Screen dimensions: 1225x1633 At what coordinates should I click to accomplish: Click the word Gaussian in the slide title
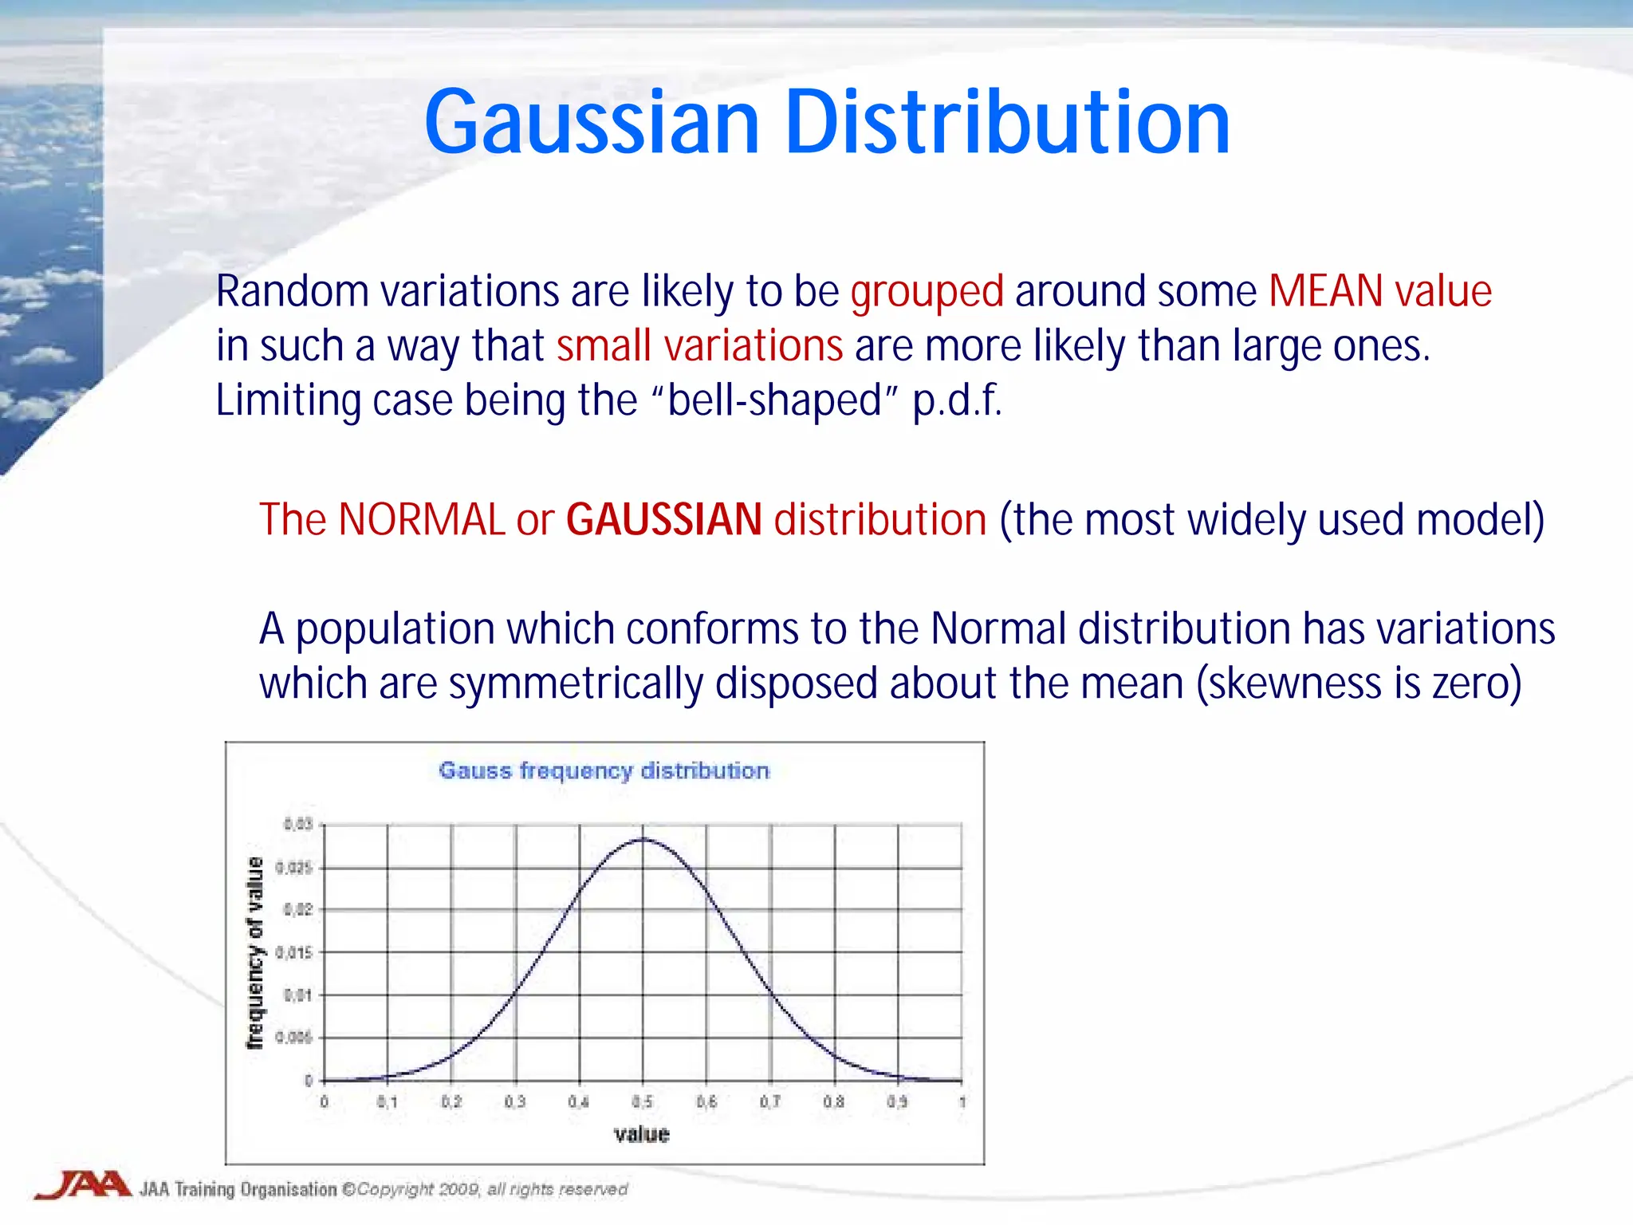[592, 124]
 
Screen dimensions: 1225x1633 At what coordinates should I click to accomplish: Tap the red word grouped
[927, 292]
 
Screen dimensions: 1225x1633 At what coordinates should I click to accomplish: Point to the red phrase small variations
[699, 346]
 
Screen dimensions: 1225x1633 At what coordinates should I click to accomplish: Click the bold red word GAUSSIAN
[663, 520]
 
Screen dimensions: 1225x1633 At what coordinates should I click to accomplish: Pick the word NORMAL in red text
[421, 520]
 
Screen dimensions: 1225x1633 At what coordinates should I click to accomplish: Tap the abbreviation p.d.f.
[957, 400]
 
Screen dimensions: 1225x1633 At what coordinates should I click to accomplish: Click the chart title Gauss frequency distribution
[604, 770]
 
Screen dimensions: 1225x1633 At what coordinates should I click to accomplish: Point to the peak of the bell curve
[643, 839]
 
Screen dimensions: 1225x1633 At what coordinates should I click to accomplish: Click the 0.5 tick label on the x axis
[642, 1102]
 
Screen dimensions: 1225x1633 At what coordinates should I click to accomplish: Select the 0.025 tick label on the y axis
[294, 868]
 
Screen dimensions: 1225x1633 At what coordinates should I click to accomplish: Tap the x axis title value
[641, 1134]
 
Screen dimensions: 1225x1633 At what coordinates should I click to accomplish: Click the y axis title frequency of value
[254, 952]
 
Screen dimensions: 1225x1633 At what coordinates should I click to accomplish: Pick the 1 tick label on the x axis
[962, 1102]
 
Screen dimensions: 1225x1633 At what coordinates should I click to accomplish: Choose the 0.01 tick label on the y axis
[297, 995]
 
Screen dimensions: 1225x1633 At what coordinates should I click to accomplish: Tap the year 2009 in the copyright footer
[458, 1190]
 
